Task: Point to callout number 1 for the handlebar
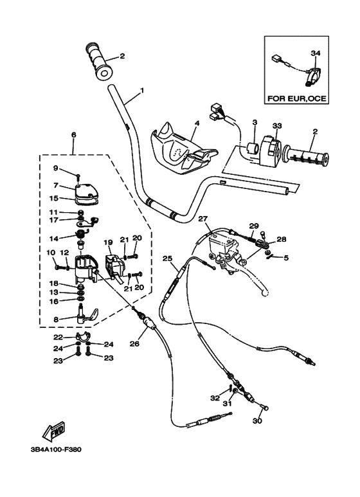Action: [x=141, y=89]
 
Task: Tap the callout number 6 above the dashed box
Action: [x=73, y=134]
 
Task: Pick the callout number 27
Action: [x=204, y=219]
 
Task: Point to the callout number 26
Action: [x=134, y=344]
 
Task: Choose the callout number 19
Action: [x=108, y=242]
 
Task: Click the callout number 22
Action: [x=57, y=337]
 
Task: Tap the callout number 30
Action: [x=257, y=422]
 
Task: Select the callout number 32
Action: [x=214, y=398]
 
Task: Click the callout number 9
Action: [x=55, y=168]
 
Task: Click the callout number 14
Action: [x=55, y=238]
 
